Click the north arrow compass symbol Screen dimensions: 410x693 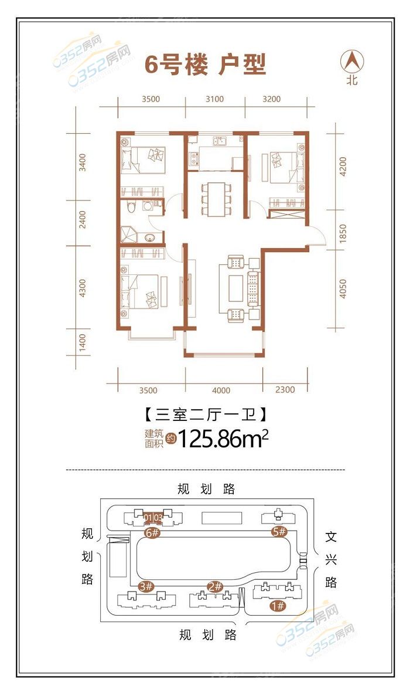tap(353, 62)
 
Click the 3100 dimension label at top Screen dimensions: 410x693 tap(214, 99)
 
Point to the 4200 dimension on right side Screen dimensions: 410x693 tap(343, 166)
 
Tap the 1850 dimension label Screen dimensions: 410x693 tap(343, 233)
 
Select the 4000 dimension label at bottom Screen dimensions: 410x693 tap(221, 390)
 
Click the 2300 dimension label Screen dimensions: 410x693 tap(285, 389)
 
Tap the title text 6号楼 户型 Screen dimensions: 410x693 tap(206, 66)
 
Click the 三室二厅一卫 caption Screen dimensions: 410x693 tap(206, 415)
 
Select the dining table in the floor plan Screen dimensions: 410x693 tap(216, 199)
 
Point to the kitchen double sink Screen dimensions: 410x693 tap(220, 141)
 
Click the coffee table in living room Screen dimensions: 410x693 tap(235, 288)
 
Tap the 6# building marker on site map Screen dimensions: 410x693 tap(152, 532)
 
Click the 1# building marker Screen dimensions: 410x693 tap(278, 605)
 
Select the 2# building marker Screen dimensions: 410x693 tap(215, 587)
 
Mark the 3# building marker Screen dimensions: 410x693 tap(146, 586)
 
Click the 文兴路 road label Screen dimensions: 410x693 tap(331, 559)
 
